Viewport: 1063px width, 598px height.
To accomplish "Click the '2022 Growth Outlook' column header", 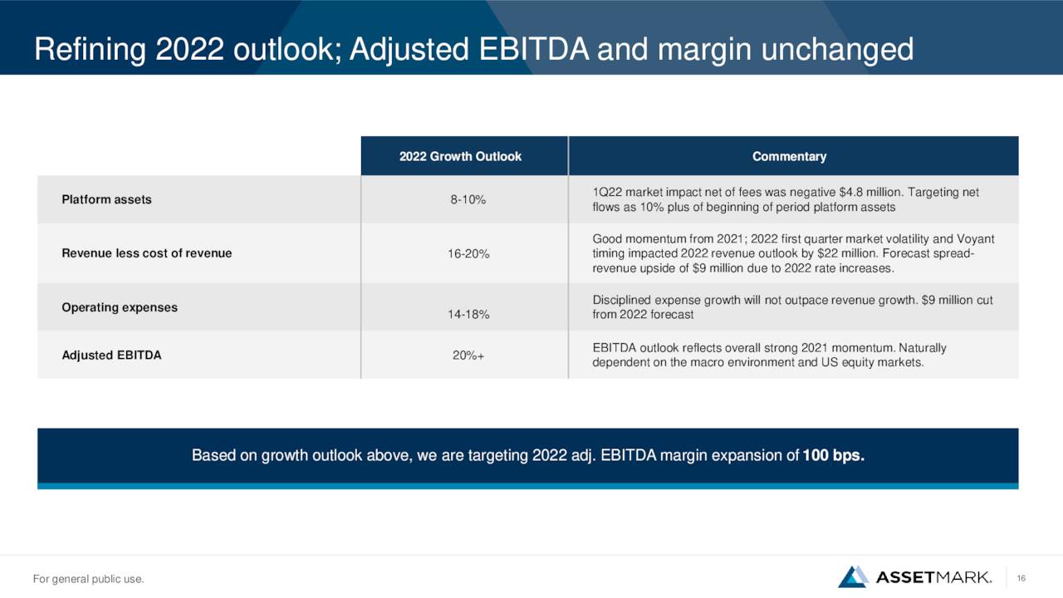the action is click(460, 157).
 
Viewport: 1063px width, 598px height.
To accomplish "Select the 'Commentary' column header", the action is click(789, 157).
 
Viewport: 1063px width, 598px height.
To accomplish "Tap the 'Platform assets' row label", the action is click(107, 199).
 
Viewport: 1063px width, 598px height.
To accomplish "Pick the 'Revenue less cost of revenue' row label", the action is click(147, 253).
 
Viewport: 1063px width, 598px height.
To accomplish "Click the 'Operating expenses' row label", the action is click(120, 307).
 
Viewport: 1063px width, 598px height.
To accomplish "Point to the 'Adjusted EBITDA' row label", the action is click(111, 355).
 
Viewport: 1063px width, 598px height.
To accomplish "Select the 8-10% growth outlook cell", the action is click(468, 200).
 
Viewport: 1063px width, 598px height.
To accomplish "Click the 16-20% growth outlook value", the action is click(468, 254).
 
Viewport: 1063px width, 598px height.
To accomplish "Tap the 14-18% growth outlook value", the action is click(468, 314).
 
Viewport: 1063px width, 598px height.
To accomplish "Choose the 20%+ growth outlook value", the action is click(468, 355).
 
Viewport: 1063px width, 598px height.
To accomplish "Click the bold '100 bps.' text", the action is click(833, 455).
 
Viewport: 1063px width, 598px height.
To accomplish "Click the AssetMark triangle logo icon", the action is click(853, 576).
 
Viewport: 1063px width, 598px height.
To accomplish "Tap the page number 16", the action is click(1021, 578).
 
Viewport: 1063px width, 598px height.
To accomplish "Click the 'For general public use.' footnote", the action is click(88, 579).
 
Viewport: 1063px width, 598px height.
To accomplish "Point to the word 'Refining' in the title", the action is click(91, 49).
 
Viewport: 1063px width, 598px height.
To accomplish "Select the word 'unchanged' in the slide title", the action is click(838, 49).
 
